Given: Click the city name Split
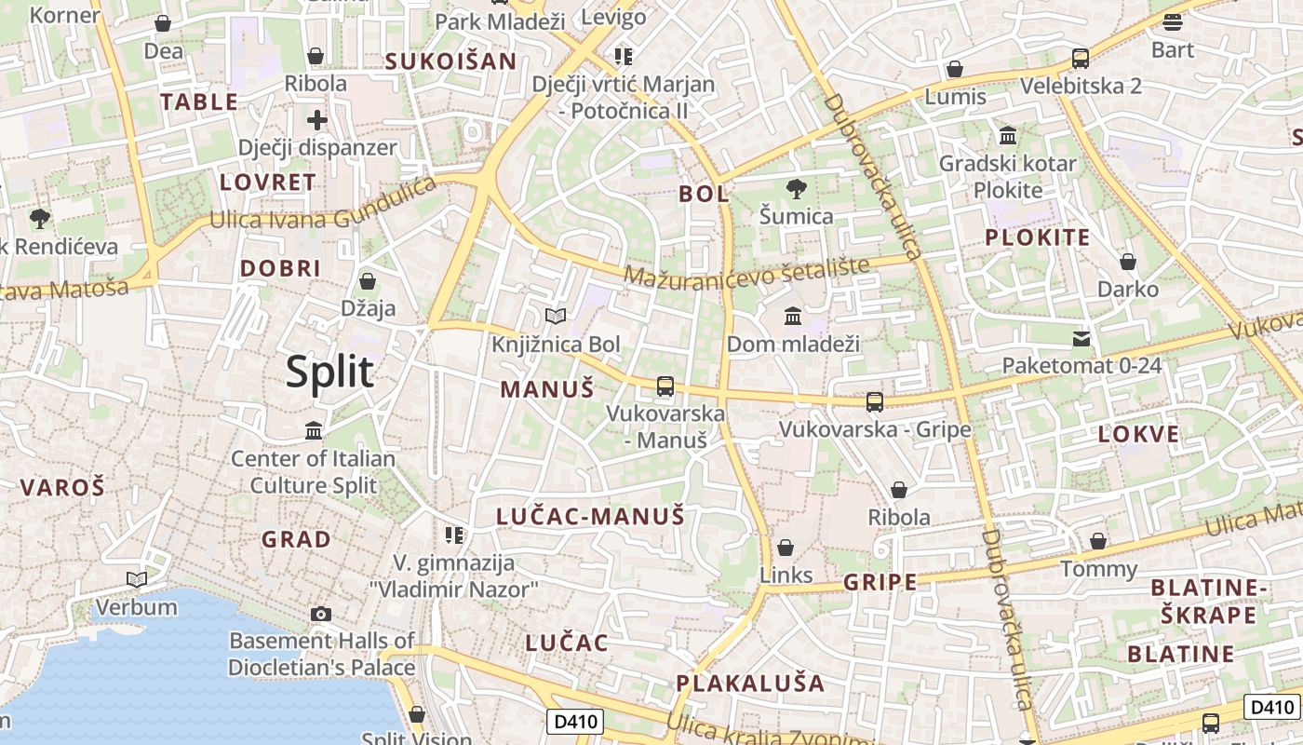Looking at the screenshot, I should pos(329,372).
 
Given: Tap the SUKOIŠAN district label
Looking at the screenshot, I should pos(450,61).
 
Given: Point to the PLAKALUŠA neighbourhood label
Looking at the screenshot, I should pos(750,683).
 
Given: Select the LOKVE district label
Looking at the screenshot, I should pos(1138,434).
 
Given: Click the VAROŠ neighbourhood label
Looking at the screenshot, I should pos(62,486).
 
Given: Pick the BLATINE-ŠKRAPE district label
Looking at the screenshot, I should pos(1209,602).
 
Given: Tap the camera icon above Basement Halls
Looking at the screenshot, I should pos(321,614).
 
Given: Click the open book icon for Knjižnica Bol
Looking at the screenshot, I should pos(556,317).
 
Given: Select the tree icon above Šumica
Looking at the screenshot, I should pos(796,190).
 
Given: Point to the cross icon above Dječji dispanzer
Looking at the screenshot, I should pos(317,119).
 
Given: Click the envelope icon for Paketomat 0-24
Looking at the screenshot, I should pos(1081,338).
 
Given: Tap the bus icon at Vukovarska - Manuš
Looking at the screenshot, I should pos(665,386).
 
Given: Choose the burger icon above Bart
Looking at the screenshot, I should pos(1172,21).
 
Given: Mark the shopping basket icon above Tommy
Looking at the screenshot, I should pos(1098,541).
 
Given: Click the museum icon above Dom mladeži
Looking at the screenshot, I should pos(793,317).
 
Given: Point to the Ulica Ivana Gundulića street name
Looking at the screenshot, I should pos(323,208).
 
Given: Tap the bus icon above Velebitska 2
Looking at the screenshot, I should pos(1081,59).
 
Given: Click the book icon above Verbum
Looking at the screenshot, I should pos(137,580).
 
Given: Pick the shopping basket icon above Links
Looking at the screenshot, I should pos(786,548).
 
